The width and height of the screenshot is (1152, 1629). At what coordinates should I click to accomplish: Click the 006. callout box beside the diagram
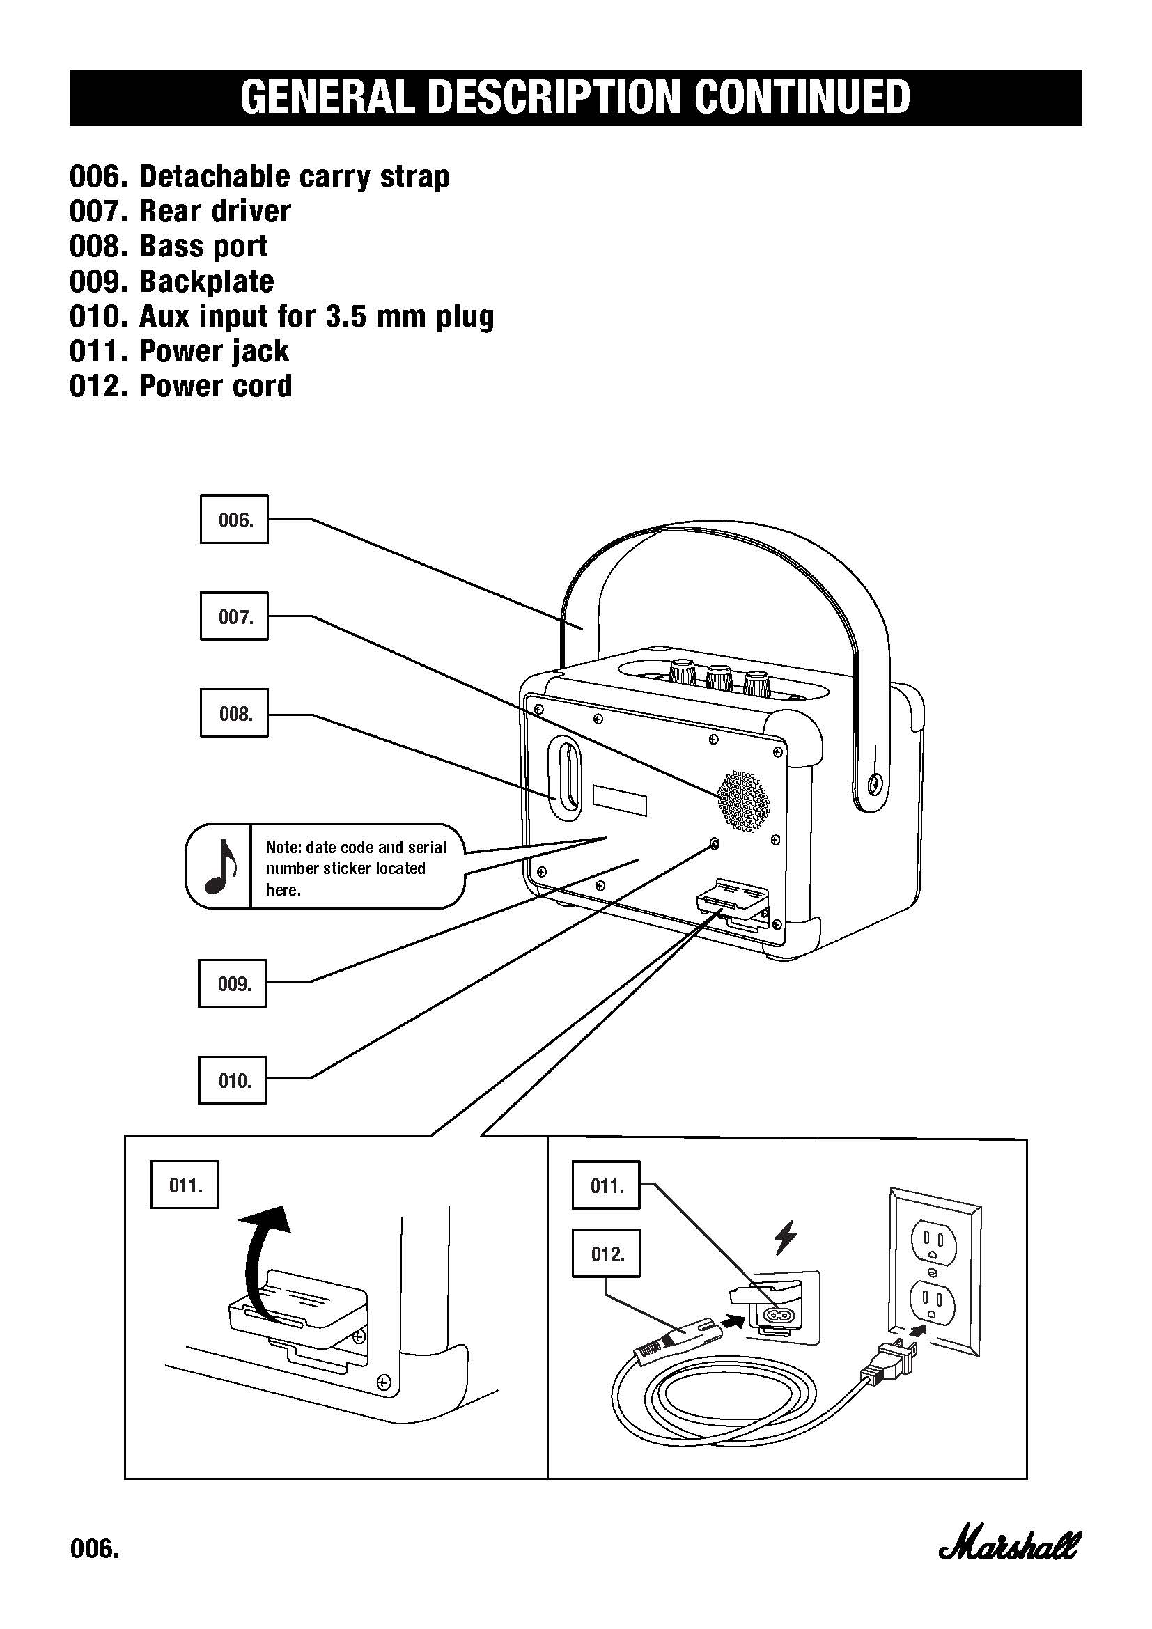[234, 520]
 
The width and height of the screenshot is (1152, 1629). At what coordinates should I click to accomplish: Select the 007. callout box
[234, 616]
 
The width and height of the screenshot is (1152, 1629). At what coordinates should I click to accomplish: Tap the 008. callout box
[234, 712]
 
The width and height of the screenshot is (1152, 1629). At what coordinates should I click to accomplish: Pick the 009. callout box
[232, 983]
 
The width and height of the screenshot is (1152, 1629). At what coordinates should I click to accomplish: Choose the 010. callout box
[232, 1080]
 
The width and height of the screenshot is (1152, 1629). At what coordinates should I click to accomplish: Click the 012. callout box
[607, 1254]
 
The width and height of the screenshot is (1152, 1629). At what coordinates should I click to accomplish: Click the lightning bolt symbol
[785, 1238]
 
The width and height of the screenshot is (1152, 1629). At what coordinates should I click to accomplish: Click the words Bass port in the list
[203, 246]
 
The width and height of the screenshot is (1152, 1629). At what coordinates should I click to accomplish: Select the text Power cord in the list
[216, 386]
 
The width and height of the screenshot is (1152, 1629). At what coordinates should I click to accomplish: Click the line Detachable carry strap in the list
[295, 177]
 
